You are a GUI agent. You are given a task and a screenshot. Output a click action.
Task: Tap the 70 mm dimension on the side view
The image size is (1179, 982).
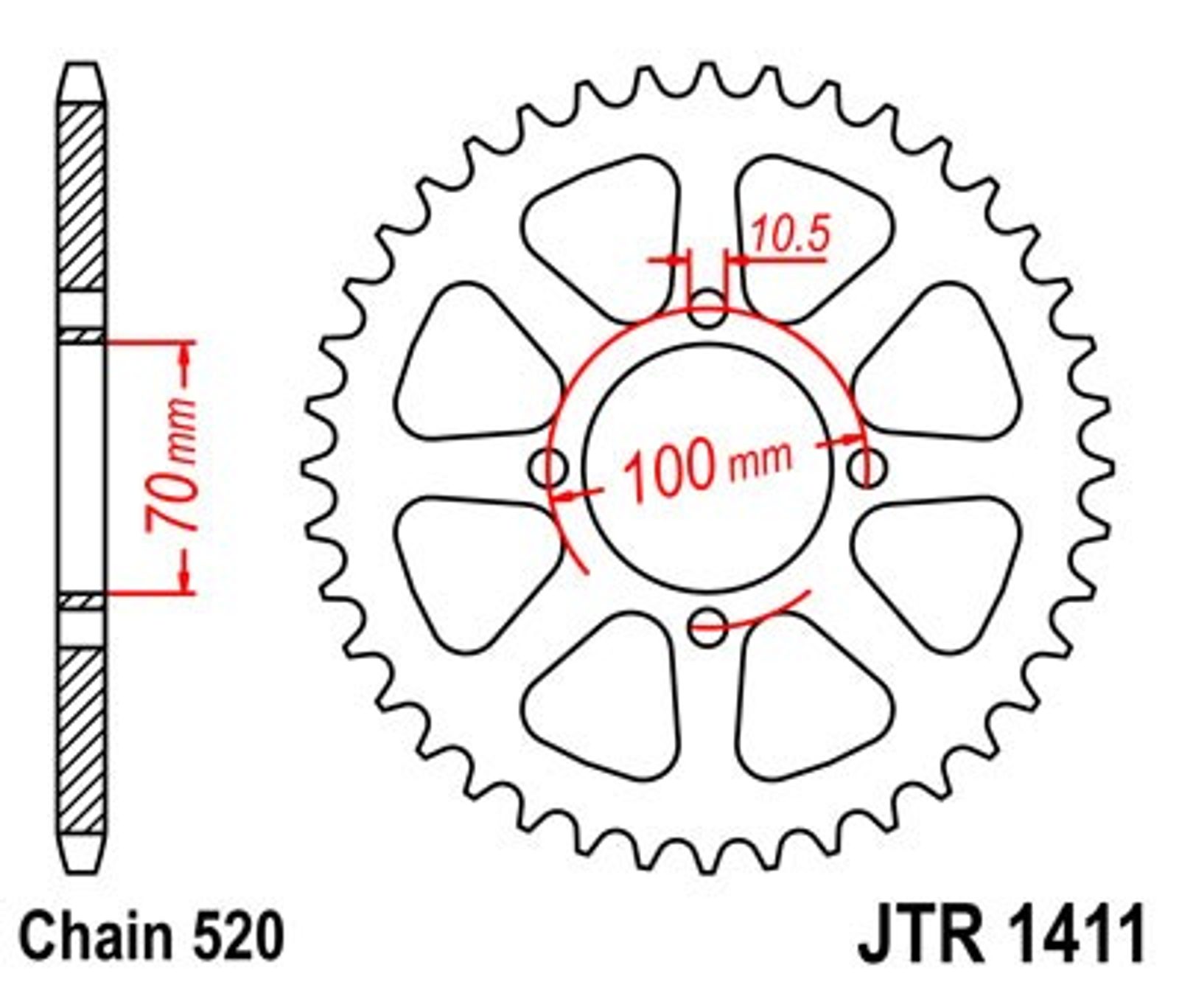coord(171,465)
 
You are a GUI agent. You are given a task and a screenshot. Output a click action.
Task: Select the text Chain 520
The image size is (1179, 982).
coord(150,936)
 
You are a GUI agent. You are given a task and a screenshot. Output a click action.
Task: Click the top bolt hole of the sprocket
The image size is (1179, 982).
coord(707,310)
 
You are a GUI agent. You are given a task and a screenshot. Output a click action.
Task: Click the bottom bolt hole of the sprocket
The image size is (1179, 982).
coord(707,627)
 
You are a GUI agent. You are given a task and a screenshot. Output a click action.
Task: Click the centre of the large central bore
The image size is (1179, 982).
coord(707,468)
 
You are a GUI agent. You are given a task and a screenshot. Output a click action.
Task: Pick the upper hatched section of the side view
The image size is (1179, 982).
coord(82,197)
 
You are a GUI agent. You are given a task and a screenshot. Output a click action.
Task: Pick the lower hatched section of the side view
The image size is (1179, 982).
coord(82,741)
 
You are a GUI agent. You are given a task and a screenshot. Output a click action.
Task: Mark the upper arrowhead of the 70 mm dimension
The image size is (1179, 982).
coord(185,356)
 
